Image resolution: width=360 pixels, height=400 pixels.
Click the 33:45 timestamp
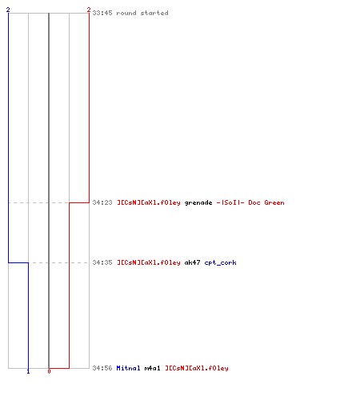pos(102,13)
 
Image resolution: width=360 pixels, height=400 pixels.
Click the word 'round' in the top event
pos(126,13)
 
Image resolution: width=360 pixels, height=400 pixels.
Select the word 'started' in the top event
pos(154,13)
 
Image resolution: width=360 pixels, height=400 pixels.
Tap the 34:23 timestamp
pos(102,202)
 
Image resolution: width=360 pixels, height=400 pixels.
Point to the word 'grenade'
pos(198,203)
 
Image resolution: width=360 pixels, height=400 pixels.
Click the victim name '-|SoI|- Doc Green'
pos(250,202)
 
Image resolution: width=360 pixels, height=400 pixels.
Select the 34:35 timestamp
pos(102,262)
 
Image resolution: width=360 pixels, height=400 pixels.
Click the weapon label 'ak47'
pos(192,262)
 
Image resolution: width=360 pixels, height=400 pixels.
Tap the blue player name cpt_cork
pos(220,263)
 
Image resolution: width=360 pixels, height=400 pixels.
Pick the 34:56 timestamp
pos(102,368)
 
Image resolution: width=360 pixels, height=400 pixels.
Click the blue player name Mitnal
pos(128,368)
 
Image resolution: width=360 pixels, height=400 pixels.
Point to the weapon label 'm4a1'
pos(152,368)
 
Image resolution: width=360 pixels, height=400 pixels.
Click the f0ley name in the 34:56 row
pos(197,368)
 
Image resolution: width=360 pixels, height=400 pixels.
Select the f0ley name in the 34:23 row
pos(149,202)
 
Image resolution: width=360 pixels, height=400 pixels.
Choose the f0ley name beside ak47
pos(149,262)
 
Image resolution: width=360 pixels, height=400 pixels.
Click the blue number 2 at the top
pos(8,10)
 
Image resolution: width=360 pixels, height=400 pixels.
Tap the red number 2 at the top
pos(89,10)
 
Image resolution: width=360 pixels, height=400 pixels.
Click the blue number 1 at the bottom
pos(28,371)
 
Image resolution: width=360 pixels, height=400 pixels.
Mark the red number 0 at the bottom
pos(49,371)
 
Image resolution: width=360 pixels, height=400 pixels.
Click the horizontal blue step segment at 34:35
pos(18,263)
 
